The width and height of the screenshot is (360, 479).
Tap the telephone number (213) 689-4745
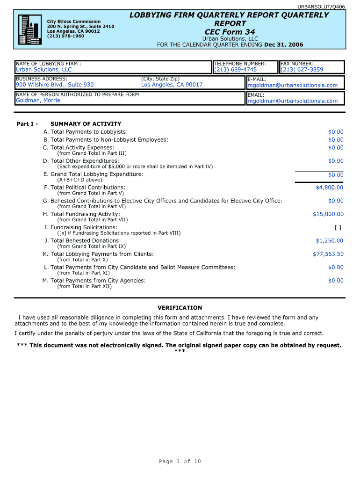click(235, 70)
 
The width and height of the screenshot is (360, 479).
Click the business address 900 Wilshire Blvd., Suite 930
click(55, 85)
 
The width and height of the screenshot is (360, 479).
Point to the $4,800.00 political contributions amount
click(329, 188)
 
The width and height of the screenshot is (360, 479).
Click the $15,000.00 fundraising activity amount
click(328, 214)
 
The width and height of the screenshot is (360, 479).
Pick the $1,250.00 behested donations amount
click(329, 241)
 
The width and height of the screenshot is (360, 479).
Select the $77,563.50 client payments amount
click(328, 254)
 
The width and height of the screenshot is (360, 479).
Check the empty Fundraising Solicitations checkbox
click(338, 228)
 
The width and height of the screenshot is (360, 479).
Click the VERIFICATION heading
click(180, 308)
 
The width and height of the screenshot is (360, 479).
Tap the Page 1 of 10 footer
click(180, 462)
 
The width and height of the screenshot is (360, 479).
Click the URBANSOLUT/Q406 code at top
click(328, 7)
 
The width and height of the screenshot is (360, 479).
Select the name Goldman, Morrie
click(38, 101)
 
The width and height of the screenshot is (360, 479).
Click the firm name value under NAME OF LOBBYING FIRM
click(43, 70)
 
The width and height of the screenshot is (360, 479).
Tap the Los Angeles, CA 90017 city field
click(172, 85)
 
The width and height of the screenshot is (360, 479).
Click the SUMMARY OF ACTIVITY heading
click(86, 124)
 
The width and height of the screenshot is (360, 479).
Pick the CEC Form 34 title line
click(230, 32)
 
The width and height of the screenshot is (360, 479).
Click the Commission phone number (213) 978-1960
click(65, 36)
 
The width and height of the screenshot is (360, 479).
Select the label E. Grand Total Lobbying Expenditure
click(94, 174)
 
